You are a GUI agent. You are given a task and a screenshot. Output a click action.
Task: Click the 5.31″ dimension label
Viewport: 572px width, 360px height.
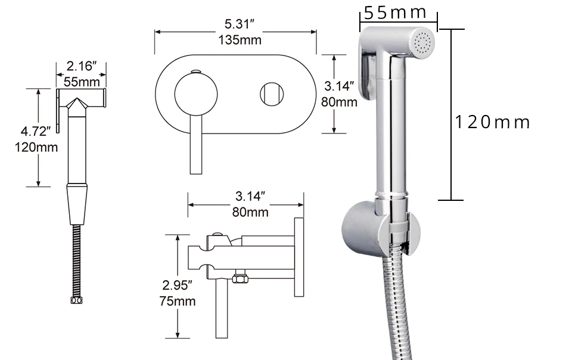click(239, 24)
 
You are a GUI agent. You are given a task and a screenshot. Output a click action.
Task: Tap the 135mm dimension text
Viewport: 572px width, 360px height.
click(240, 40)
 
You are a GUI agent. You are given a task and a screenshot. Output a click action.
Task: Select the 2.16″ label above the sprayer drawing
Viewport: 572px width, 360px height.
click(82, 66)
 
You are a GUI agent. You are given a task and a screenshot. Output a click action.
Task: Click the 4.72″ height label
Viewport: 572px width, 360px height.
click(36, 131)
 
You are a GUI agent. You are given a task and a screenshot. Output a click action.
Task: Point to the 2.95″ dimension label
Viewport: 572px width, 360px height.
click(178, 285)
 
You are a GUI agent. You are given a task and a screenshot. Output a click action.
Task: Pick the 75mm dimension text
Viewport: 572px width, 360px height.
click(178, 301)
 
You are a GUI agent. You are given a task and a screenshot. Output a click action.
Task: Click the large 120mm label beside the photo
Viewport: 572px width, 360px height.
click(492, 122)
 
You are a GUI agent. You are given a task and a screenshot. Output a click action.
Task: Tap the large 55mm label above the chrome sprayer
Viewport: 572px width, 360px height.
click(395, 13)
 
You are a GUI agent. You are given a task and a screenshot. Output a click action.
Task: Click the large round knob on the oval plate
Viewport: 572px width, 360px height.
click(196, 94)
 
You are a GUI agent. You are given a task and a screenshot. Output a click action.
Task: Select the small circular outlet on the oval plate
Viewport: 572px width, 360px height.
click(272, 94)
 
